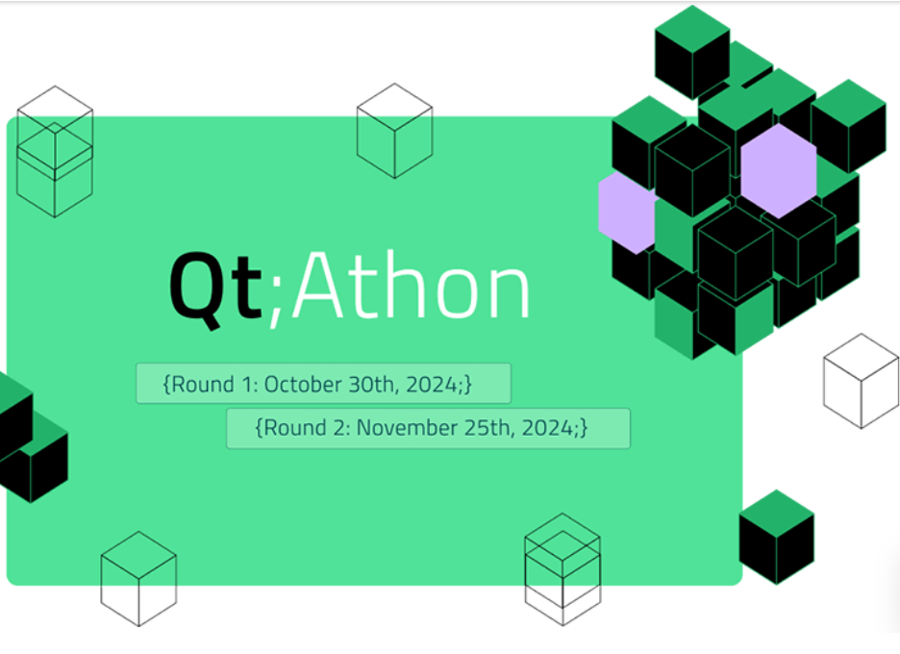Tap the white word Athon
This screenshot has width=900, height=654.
pyautogui.click(x=411, y=285)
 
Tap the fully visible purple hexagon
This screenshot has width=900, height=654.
pyautogui.click(x=779, y=171)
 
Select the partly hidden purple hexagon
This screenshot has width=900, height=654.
pyautogui.click(x=626, y=213)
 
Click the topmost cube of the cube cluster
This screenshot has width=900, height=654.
pyautogui.click(x=692, y=52)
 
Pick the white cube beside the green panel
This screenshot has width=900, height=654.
pyautogui.click(x=861, y=381)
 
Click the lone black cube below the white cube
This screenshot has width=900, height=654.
pyautogui.click(x=777, y=537)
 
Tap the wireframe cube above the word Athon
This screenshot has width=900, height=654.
pyautogui.click(x=394, y=131)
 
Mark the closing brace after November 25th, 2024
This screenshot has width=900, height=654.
pyautogui.click(x=584, y=428)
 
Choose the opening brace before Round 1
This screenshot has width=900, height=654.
pyautogui.click(x=167, y=385)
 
